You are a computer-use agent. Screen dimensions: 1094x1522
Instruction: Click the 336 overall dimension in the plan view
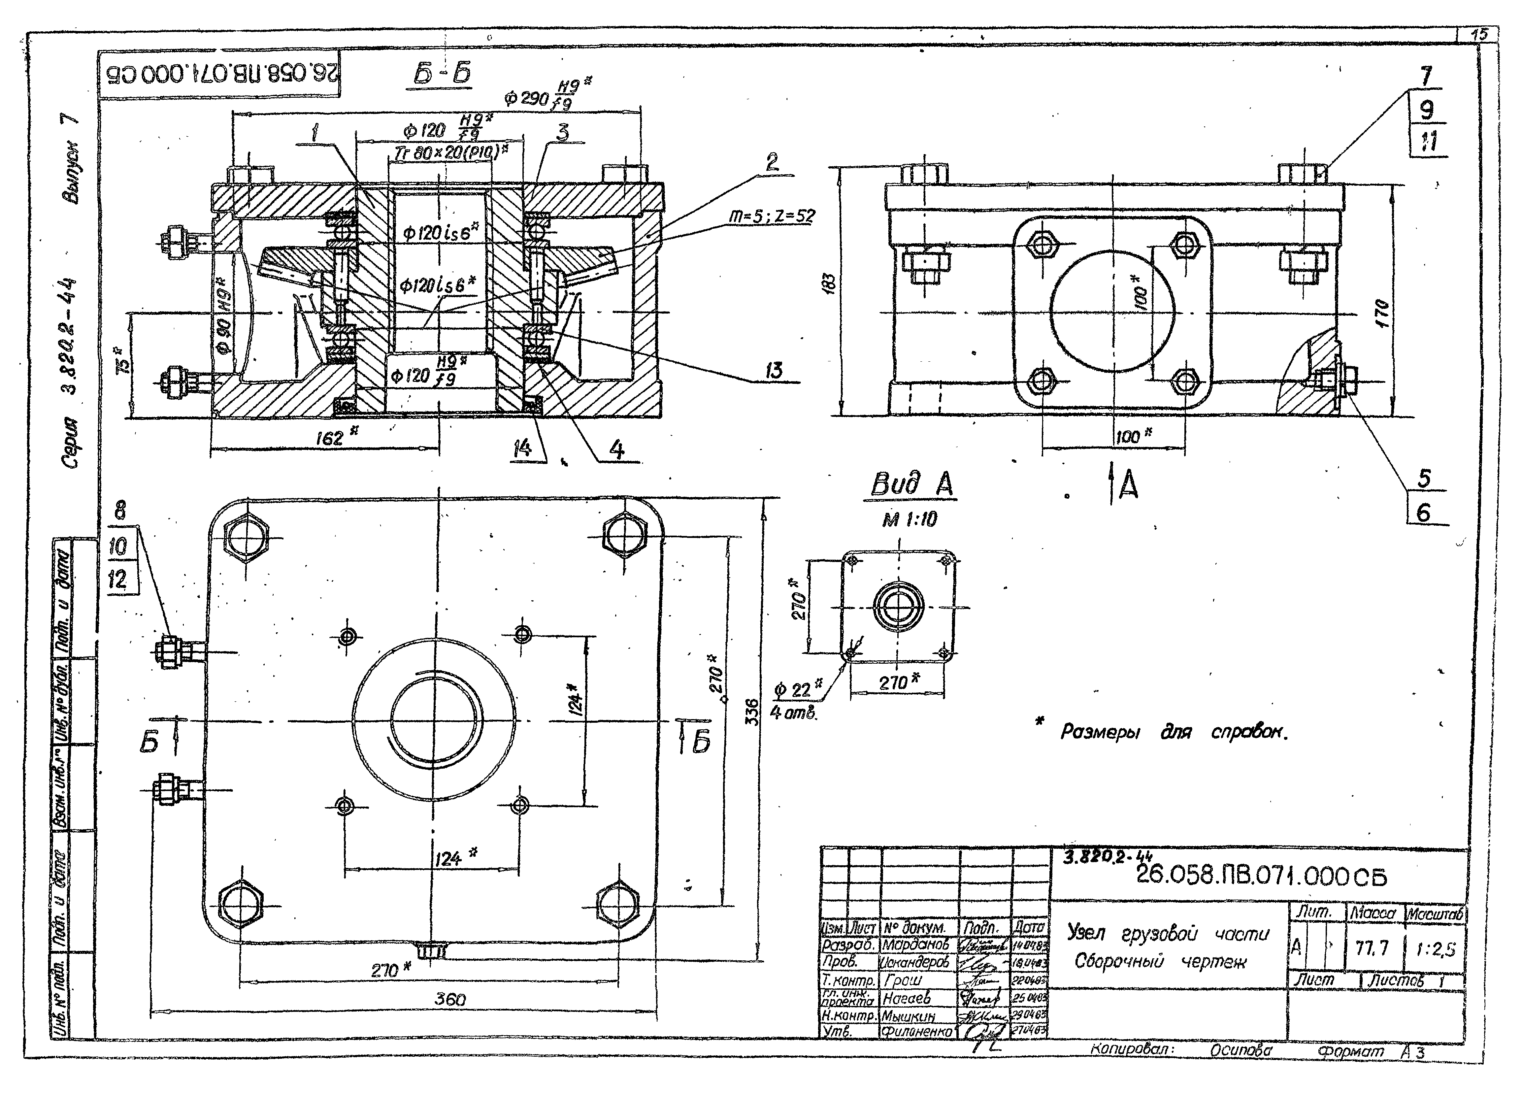[x=752, y=712]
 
